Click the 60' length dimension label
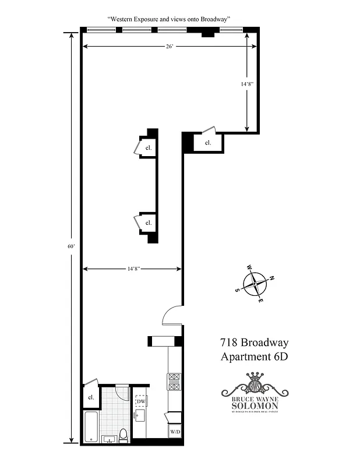point(70,246)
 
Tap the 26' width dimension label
point(169,47)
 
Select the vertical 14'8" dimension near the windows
point(248,84)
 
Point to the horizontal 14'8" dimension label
point(132,269)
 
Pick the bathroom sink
point(110,439)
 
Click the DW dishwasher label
point(141,401)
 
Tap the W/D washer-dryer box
point(175,432)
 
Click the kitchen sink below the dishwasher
point(140,415)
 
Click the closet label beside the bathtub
point(91,397)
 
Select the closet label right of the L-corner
point(207,142)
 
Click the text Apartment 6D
point(254,356)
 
